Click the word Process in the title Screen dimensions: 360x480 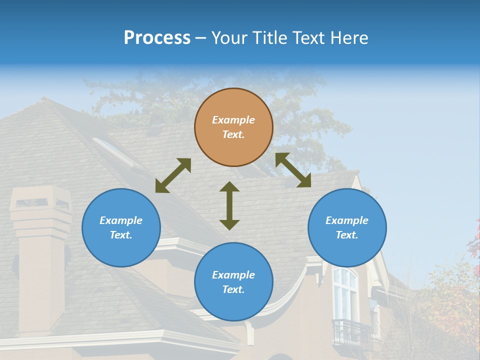point(157,38)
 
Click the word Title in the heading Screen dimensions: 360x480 point(270,38)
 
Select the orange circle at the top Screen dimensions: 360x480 point(233,127)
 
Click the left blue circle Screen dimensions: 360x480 point(121,227)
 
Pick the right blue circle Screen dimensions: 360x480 point(347,227)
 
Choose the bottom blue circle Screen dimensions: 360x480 point(233,282)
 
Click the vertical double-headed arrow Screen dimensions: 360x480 point(229,205)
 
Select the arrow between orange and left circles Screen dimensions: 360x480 point(173,175)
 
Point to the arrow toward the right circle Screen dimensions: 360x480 point(293,170)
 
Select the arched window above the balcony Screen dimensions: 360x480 point(345,292)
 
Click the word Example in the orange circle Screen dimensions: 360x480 point(233,120)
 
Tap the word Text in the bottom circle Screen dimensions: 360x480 point(233,289)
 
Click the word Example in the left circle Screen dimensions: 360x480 point(121,220)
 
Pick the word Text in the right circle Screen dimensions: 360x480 point(347,235)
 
